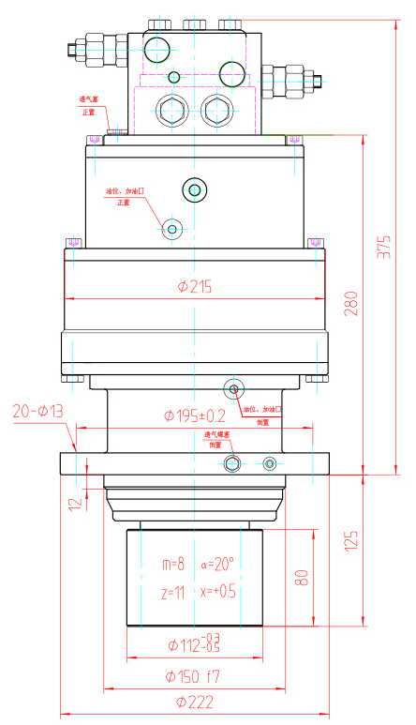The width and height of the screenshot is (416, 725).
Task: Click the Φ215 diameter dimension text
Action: point(195,287)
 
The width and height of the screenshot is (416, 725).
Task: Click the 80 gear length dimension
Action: point(302,578)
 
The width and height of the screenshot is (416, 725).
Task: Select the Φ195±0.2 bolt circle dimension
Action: point(195,415)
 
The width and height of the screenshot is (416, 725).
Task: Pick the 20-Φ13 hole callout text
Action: point(37,411)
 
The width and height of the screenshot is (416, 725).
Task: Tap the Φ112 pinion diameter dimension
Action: point(194,644)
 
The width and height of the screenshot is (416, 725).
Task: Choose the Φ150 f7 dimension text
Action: point(194,675)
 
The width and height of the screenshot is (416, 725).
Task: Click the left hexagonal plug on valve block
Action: point(172,110)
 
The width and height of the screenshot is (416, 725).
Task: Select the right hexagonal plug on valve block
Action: point(215,110)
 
